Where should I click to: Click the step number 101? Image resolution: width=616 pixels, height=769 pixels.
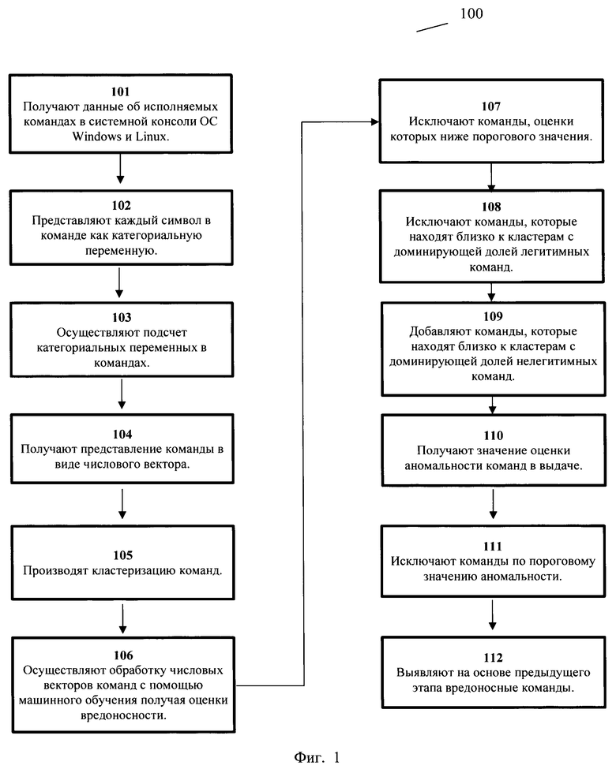(120, 91)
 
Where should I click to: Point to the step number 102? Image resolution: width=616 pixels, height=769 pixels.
(122, 206)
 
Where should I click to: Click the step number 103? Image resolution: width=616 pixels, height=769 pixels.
(122, 317)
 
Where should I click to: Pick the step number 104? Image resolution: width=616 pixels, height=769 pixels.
(122, 434)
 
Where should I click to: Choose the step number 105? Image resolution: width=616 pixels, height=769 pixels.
(123, 555)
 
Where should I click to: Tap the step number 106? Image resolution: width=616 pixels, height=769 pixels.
(123, 655)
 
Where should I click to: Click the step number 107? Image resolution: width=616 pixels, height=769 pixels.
(491, 106)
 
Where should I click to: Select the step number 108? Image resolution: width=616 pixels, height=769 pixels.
(491, 207)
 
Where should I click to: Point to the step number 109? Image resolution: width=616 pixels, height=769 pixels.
(493, 316)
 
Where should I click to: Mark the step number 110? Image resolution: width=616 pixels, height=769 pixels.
(493, 435)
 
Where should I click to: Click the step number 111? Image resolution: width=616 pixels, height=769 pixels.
(493, 547)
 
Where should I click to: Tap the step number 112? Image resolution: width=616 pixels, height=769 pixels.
(493, 658)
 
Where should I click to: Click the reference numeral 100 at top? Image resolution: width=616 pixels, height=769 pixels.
(471, 13)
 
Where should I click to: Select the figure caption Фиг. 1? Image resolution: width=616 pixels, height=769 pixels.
(317, 757)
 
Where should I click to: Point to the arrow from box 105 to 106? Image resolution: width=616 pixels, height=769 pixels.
(123, 619)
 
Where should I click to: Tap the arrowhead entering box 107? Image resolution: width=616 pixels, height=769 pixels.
(375, 121)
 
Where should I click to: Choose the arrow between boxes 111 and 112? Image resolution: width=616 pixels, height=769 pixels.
(492, 615)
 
